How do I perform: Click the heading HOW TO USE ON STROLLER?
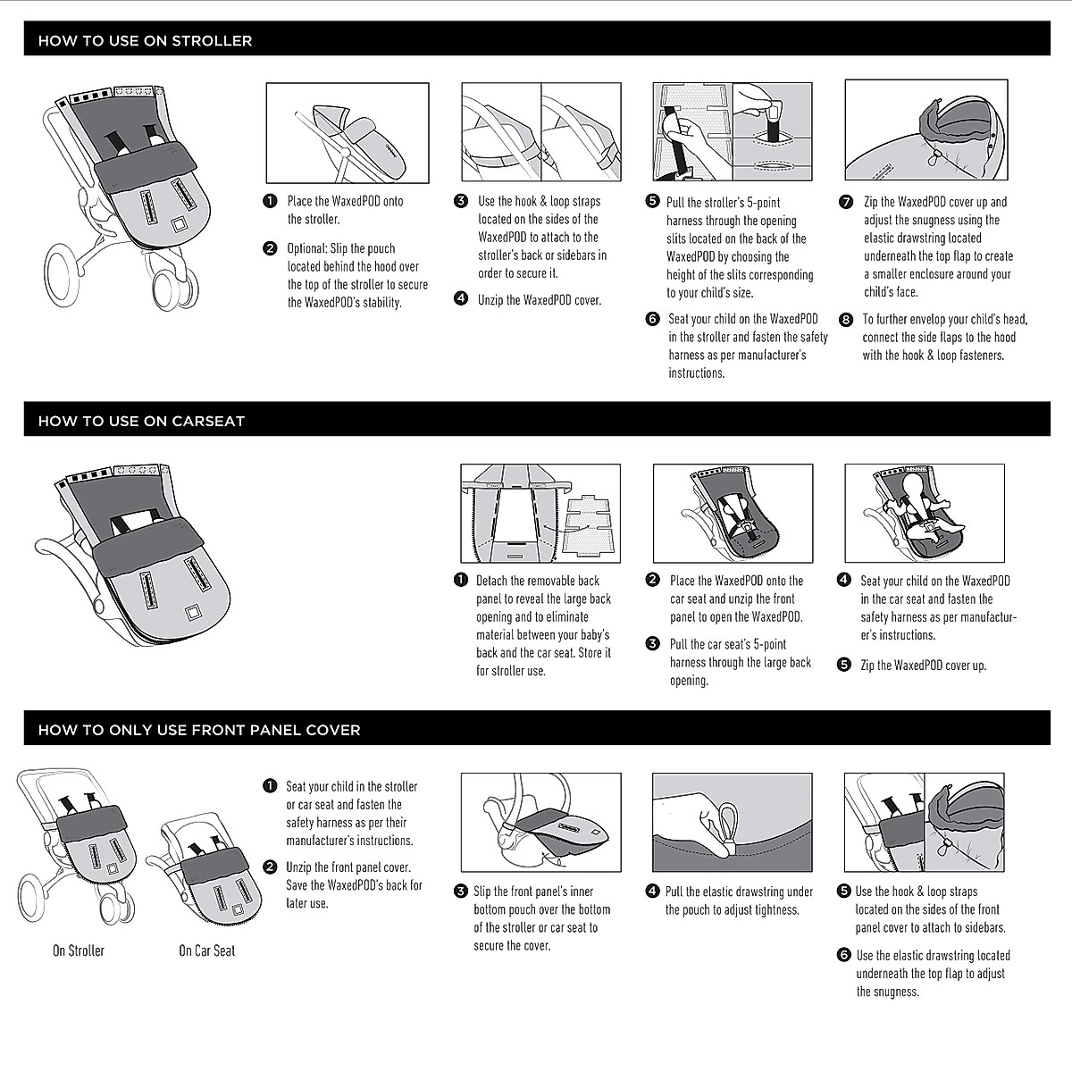pyautogui.click(x=145, y=41)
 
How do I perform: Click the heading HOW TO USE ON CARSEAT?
pyautogui.click(x=141, y=421)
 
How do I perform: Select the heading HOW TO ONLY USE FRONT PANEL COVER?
pyautogui.click(x=199, y=730)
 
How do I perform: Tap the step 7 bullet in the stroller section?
pyautogui.click(x=846, y=202)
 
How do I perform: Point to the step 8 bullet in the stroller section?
pyautogui.click(x=846, y=319)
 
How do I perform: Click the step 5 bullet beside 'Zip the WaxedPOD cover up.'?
pyautogui.click(x=844, y=665)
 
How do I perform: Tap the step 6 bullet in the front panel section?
pyautogui.click(x=844, y=955)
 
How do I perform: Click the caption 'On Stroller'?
pyautogui.click(x=79, y=951)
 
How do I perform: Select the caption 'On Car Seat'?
pyautogui.click(x=206, y=951)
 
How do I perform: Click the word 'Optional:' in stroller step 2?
pyautogui.click(x=308, y=248)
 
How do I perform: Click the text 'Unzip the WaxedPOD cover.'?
pyautogui.click(x=540, y=300)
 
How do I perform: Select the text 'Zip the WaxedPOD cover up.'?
pyautogui.click(x=923, y=666)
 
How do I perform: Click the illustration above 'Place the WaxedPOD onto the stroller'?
pyautogui.click(x=348, y=132)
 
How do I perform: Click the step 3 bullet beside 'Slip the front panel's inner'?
pyautogui.click(x=461, y=891)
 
